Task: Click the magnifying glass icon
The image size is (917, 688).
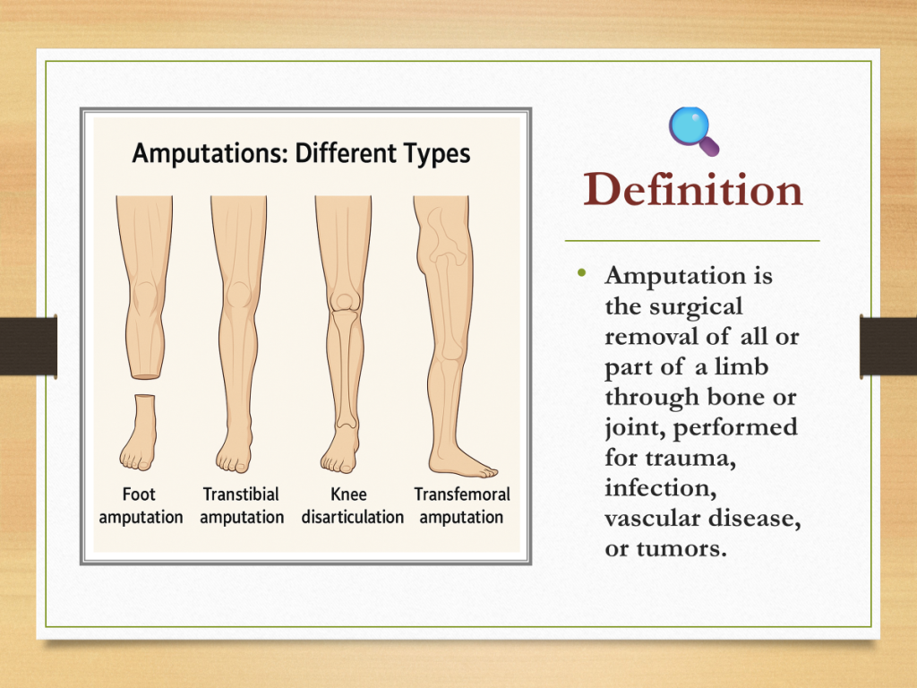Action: point(693,131)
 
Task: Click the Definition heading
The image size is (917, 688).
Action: point(693,190)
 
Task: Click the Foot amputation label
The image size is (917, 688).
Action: point(141,505)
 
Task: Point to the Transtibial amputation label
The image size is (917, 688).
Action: point(242,505)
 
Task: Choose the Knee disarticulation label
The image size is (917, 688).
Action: point(352,505)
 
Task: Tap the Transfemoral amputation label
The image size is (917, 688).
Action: point(462,505)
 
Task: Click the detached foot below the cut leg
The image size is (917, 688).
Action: point(139,433)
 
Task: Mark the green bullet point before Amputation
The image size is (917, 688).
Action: point(581,272)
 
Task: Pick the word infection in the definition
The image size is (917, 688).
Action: point(661,488)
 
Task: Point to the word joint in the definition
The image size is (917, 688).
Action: point(636,428)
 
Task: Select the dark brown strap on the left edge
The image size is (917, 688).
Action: point(29,347)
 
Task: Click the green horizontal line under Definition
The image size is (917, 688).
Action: point(692,240)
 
